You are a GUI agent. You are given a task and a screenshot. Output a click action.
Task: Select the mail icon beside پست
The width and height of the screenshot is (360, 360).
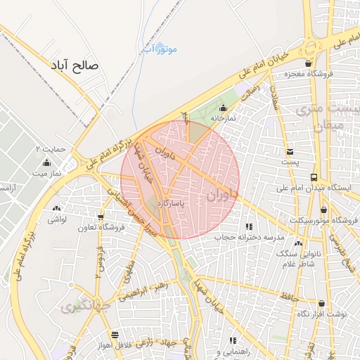point(290,152)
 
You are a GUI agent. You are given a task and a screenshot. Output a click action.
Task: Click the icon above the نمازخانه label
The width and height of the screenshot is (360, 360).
point(223,108)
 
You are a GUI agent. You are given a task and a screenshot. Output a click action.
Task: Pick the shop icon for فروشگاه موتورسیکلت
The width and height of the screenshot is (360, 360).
point(323,210)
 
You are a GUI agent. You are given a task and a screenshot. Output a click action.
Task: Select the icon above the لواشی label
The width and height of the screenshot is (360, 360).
point(56,209)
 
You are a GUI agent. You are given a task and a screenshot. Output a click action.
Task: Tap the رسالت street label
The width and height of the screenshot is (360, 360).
point(250,90)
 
